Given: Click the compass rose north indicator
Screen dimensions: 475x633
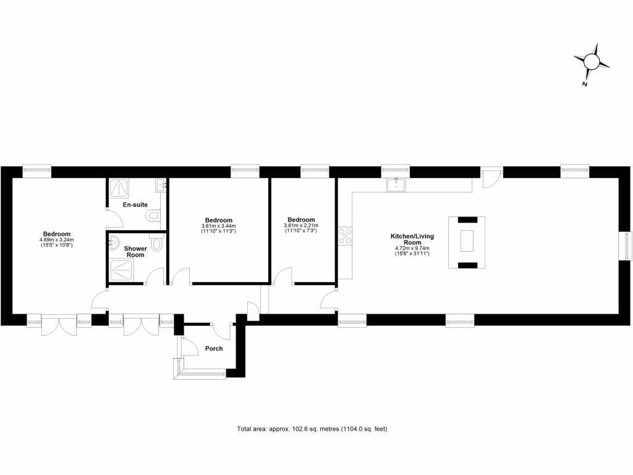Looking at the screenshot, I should tap(592, 62).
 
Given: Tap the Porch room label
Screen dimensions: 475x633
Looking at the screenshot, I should tap(214, 349).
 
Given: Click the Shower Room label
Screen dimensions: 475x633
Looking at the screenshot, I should tap(135, 252).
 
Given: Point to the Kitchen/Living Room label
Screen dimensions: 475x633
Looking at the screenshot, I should tap(411, 239).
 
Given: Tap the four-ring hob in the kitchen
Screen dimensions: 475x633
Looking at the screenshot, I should tap(345, 236).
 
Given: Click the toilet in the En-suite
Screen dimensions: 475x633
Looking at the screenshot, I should tap(153, 215).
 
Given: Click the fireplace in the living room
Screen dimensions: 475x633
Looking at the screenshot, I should tap(467, 242).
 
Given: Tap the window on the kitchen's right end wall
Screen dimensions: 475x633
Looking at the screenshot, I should tap(627, 246).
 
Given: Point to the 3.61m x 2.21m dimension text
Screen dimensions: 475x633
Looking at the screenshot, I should tap(301, 226).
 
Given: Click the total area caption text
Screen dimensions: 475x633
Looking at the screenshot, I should tap(312, 429).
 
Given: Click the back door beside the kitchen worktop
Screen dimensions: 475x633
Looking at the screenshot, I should tap(490, 178).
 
